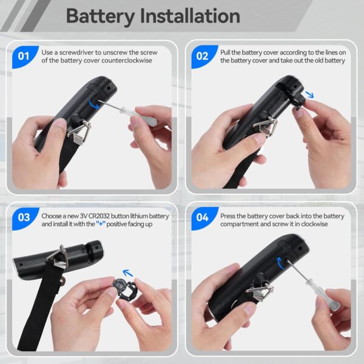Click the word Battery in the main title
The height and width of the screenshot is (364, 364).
click(x=100, y=17)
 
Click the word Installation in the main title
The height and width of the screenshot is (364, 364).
click(x=190, y=16)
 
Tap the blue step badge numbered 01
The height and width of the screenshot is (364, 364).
click(x=24, y=56)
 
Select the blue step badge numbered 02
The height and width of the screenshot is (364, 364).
click(x=203, y=56)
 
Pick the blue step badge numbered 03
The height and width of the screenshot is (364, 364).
click(x=24, y=218)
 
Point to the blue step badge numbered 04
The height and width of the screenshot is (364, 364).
click(x=203, y=218)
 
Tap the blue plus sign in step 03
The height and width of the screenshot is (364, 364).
click(x=101, y=224)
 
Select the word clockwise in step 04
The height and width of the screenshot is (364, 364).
click(x=314, y=224)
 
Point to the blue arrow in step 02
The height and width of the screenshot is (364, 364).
click(x=309, y=94)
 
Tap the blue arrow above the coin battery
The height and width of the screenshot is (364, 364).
click(x=127, y=273)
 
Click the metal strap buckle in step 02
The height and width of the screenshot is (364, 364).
click(x=265, y=127)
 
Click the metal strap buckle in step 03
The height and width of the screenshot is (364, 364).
click(x=57, y=257)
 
